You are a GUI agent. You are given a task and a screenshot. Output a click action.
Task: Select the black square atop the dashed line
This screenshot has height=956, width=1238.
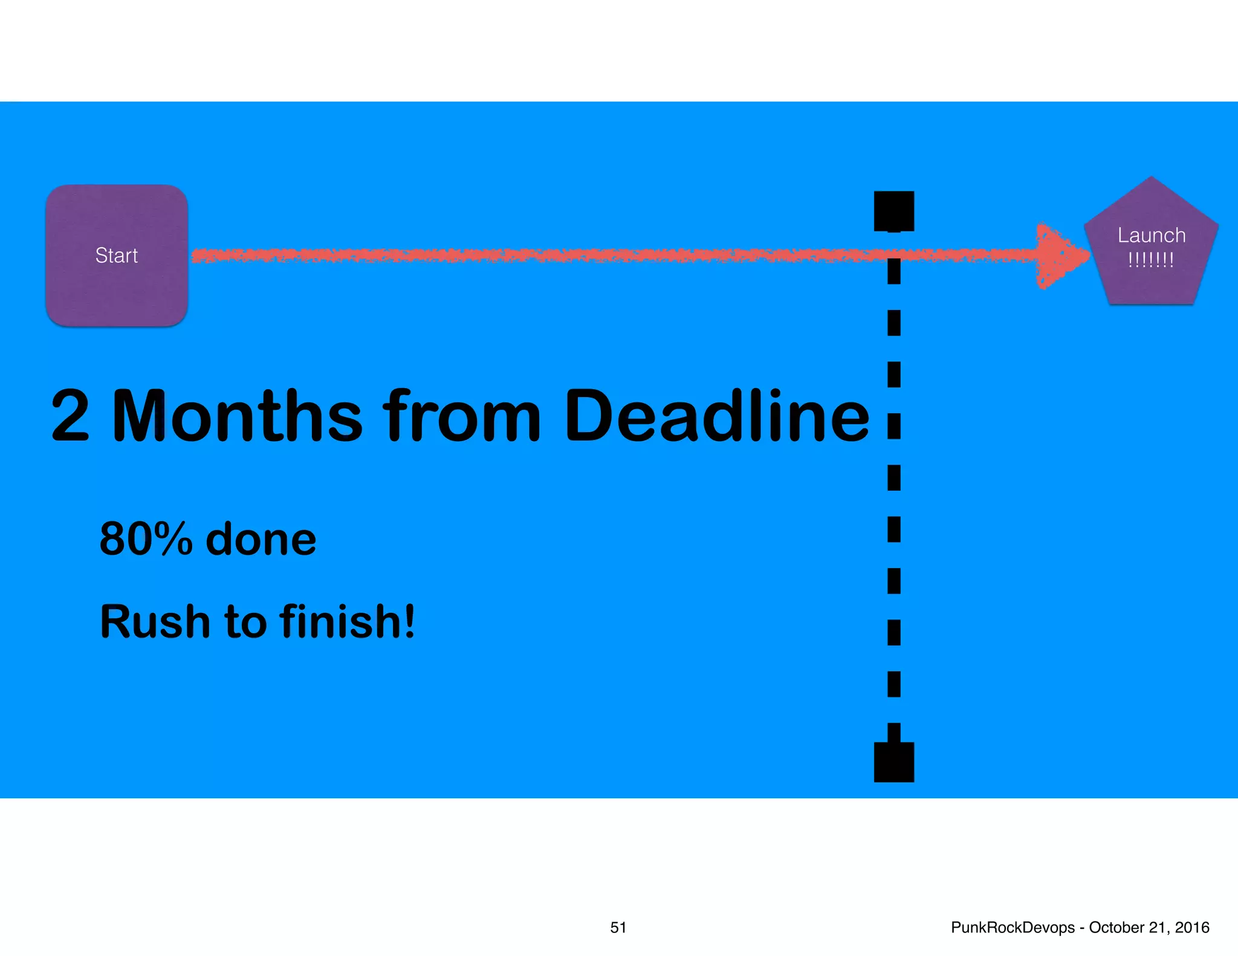(x=894, y=211)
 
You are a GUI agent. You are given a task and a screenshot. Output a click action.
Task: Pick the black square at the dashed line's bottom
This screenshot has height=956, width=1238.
(x=894, y=762)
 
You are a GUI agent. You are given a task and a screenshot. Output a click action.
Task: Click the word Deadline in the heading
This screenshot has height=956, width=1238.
(x=716, y=416)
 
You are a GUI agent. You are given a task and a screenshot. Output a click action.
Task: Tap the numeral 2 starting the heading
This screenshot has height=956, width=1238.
(x=71, y=416)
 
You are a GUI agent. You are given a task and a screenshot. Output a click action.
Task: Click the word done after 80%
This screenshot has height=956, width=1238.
(x=261, y=540)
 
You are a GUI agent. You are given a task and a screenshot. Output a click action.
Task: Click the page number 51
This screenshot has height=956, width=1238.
(x=618, y=928)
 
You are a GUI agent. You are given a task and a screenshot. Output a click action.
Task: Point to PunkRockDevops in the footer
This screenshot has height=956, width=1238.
(x=1013, y=928)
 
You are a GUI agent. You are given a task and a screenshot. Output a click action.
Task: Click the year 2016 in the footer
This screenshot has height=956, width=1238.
(x=1192, y=928)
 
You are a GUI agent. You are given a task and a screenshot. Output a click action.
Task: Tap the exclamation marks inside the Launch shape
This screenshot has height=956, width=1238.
(x=1151, y=260)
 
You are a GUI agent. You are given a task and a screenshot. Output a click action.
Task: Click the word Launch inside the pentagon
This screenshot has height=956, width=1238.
(x=1151, y=235)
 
